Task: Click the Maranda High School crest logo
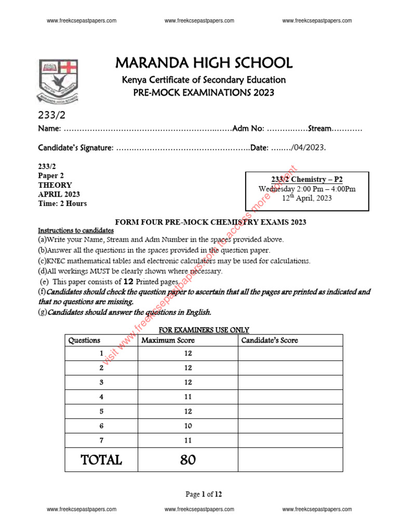click(58, 81)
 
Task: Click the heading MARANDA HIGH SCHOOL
click(204, 63)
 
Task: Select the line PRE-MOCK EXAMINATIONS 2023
click(204, 93)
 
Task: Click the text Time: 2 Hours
click(62, 203)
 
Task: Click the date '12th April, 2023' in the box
click(307, 198)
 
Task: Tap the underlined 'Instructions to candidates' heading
click(76, 230)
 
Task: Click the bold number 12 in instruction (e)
click(129, 282)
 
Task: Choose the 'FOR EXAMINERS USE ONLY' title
click(204, 330)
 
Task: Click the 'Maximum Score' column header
click(168, 340)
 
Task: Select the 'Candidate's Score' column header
click(269, 340)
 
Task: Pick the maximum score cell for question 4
click(188, 397)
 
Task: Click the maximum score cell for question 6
click(188, 426)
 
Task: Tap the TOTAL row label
click(101, 459)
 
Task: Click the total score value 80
click(188, 459)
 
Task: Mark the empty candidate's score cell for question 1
click(290, 353)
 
